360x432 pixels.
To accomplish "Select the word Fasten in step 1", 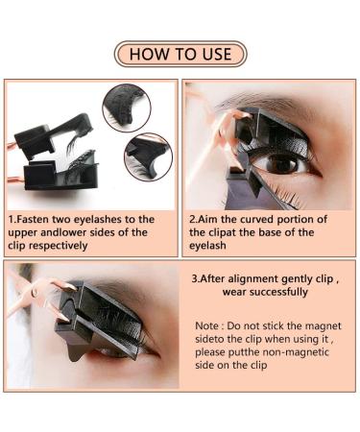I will click(41, 219).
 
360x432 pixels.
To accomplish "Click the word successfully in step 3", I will click(278, 292).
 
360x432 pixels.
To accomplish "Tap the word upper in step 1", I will click(25, 231).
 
